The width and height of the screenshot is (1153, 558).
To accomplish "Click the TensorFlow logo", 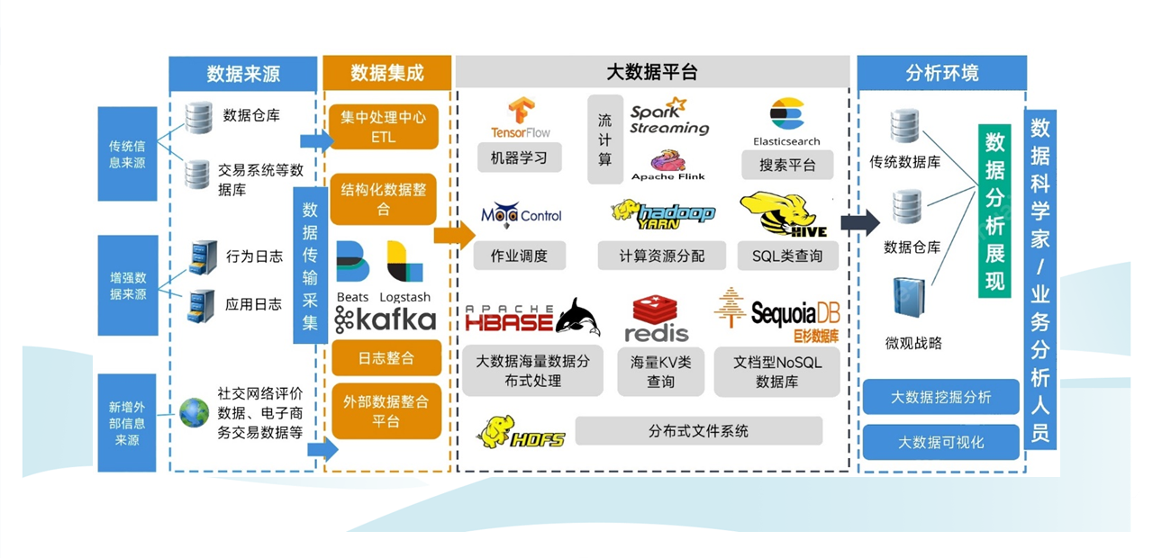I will tap(520, 118).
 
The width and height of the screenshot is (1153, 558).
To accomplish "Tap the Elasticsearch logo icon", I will tap(786, 114).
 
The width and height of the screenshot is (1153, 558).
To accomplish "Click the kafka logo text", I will tap(386, 319).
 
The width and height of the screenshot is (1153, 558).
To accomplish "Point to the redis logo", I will tap(657, 319).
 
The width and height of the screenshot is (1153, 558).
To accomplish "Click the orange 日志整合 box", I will tap(386, 357).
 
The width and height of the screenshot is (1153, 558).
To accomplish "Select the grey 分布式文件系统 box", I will tap(698, 431).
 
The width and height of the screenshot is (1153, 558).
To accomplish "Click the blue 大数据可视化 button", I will tap(940, 442).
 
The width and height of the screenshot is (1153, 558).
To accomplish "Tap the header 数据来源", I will tap(243, 73).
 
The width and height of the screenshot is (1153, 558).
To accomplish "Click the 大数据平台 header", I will tap(652, 72).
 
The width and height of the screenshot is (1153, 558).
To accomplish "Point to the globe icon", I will tap(194, 412).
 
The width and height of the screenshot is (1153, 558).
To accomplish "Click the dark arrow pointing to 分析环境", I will tap(859, 224).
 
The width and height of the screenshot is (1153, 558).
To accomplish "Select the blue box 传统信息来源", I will tap(127, 154).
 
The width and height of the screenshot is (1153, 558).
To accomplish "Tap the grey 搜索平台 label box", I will tap(788, 166).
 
